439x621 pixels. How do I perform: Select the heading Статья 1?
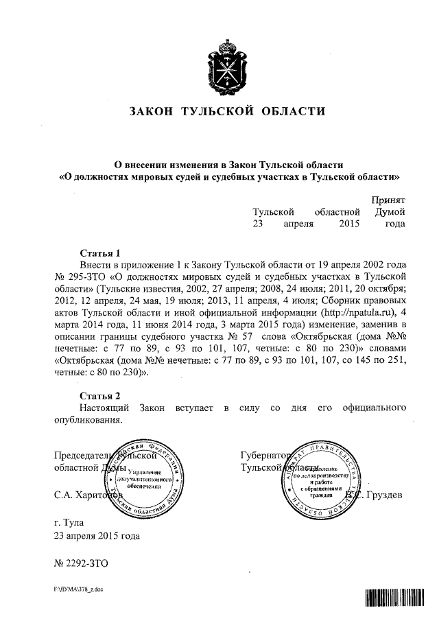pos(100,252)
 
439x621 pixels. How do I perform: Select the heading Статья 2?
pos(100,397)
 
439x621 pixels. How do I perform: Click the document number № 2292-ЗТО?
pos(80,563)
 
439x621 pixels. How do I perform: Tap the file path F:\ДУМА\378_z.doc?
pos(78,590)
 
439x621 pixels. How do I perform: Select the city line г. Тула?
pos(72,522)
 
